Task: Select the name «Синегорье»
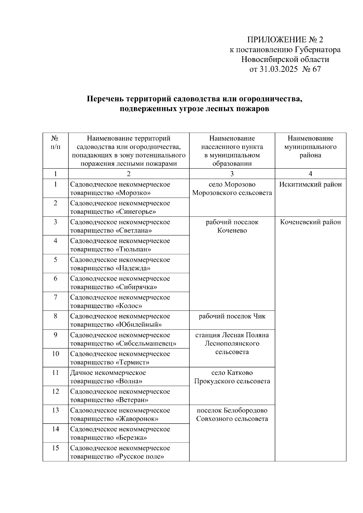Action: click(x=136, y=212)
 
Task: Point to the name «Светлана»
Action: click(x=134, y=230)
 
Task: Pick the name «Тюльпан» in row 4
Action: click(x=133, y=249)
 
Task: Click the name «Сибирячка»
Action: click(x=136, y=287)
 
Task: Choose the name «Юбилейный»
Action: click(x=139, y=325)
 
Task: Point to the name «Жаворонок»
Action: click(x=137, y=419)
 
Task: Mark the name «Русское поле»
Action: click(x=140, y=456)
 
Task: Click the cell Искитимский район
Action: click(x=310, y=184)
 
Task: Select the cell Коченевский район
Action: click(x=310, y=222)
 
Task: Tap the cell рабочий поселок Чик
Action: click(x=232, y=316)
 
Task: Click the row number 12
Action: click(x=55, y=391)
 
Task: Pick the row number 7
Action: click(x=55, y=297)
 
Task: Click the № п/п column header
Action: click(x=55, y=143)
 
